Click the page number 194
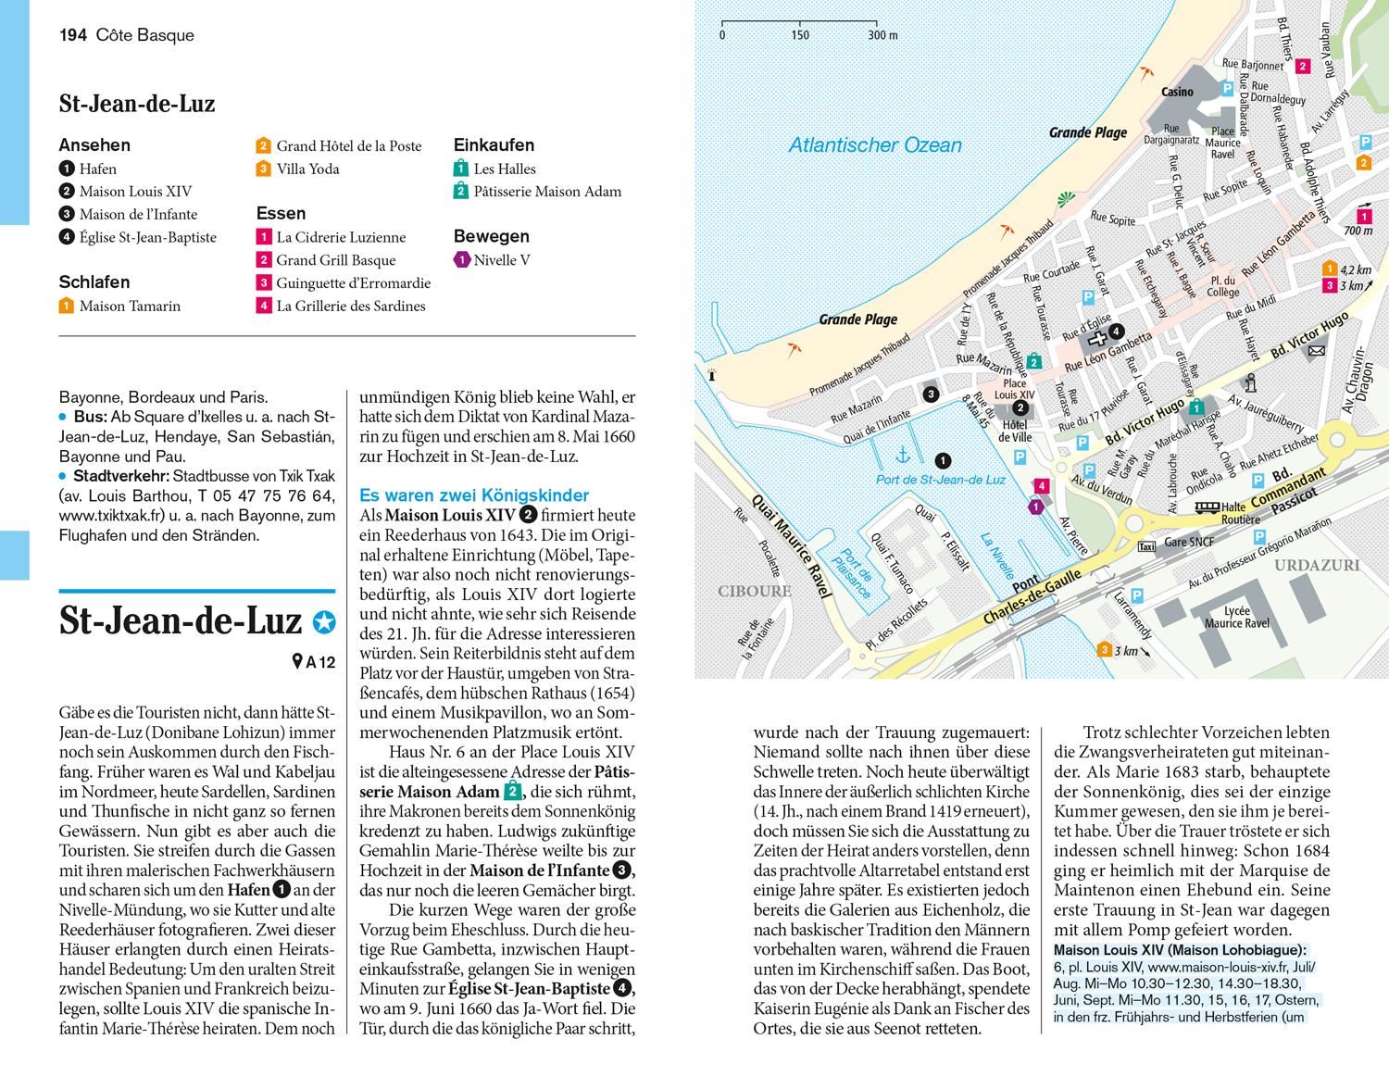tap(72, 35)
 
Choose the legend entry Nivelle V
tap(501, 260)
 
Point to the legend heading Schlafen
tap(94, 282)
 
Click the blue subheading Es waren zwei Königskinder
tap(474, 495)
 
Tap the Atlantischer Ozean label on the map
tap(874, 145)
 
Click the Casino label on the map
tap(1177, 93)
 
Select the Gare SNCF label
tap(1188, 543)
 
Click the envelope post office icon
tap(1317, 351)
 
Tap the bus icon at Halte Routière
tap(1206, 507)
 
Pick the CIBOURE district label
tap(754, 591)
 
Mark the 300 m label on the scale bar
tap(882, 35)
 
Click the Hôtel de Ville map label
tap(1015, 431)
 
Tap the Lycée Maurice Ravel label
tap(1236, 617)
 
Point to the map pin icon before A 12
tap(297, 661)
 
